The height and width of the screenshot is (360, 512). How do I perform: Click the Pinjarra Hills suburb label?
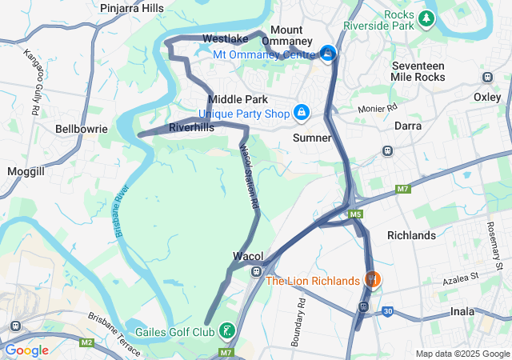132,8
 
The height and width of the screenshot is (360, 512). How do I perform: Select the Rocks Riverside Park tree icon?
428,17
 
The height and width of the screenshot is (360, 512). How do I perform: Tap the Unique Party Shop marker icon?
302,114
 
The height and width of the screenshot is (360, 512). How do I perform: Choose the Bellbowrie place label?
76,128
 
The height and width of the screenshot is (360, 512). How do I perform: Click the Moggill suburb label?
26,171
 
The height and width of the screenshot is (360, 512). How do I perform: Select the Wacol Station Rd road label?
250,178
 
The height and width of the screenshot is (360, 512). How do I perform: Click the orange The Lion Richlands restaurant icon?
372,280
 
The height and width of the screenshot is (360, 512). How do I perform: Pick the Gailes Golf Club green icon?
227,331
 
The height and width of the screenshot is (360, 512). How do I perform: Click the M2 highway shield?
86,343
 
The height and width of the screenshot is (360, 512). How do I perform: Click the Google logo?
26,350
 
